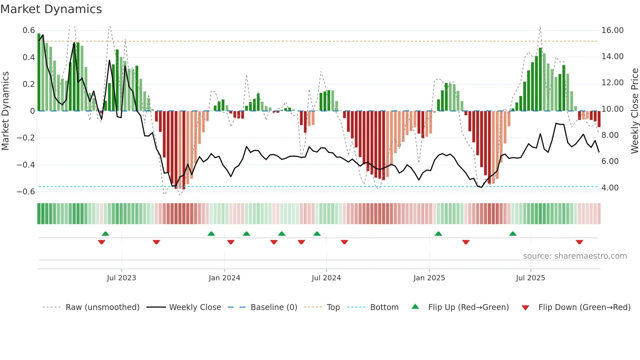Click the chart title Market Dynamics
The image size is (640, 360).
point(51,9)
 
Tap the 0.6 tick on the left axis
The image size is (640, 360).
point(29,30)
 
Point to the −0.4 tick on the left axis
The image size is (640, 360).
point(26,165)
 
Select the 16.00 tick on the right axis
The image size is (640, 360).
point(612,30)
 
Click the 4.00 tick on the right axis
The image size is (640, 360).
point(610,188)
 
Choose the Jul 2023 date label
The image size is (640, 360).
point(121,278)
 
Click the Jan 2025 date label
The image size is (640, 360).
point(429,278)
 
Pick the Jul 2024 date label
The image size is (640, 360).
point(326,278)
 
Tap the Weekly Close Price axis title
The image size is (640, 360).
point(634,111)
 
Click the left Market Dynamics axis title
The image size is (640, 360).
point(5,111)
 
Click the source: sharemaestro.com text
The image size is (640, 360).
point(575,256)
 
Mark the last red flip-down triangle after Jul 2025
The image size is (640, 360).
point(579,242)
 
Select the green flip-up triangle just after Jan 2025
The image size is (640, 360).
point(438,234)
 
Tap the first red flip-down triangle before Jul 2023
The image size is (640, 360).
point(102,242)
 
